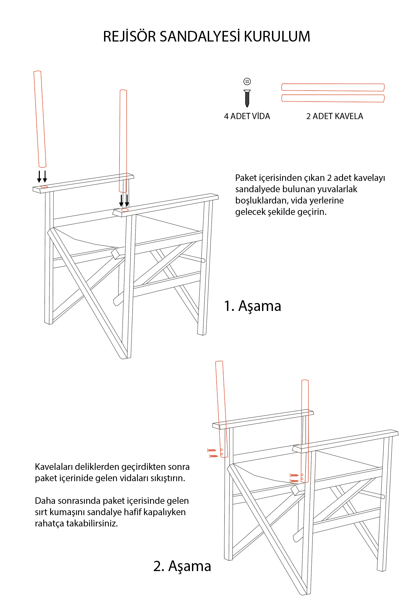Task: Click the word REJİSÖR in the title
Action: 129,37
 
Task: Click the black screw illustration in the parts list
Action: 247,98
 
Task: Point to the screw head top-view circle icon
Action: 247,81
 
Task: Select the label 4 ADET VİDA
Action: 247,116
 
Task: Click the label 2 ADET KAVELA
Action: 334,116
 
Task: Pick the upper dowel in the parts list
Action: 333,87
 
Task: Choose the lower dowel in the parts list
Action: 333,98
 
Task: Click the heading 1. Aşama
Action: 252,306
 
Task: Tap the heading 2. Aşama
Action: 182,566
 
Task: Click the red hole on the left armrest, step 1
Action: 44,187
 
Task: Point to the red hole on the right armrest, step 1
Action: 125,210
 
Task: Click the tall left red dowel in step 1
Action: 40,119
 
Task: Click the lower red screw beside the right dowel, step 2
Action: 294,481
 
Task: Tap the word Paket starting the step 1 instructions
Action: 246,178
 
